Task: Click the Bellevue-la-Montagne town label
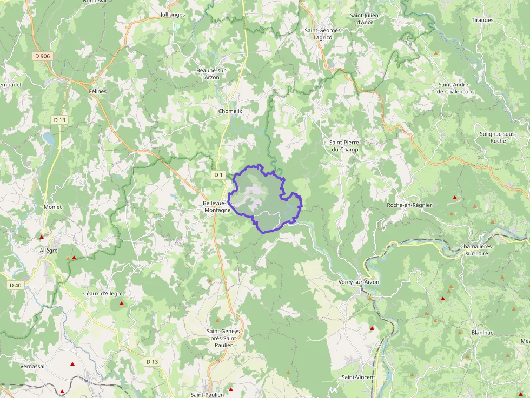click(x=216, y=206)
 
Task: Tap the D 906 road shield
click(x=42, y=56)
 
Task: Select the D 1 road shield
click(x=218, y=175)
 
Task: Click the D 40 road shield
click(x=15, y=285)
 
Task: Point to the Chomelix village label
click(x=230, y=111)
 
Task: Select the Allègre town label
click(x=48, y=251)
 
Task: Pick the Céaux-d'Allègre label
click(x=103, y=293)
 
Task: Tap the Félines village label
click(x=98, y=91)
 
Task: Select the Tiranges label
click(x=482, y=20)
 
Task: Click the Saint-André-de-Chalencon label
click(x=454, y=88)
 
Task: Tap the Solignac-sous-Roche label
click(x=498, y=137)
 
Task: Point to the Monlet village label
click(x=52, y=207)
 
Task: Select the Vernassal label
click(x=32, y=366)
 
